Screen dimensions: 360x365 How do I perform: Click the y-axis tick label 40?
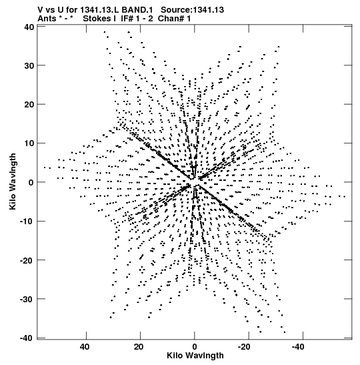(x=29, y=27)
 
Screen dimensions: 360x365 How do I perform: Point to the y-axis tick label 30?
(x=29, y=66)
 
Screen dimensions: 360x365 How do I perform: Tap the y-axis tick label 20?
(x=29, y=105)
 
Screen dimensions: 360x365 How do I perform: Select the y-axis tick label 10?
(x=29, y=143)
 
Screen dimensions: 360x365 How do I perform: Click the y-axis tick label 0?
(x=31, y=183)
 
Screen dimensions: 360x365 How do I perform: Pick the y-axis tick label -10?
(x=27, y=222)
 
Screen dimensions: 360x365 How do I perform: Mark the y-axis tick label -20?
(x=27, y=260)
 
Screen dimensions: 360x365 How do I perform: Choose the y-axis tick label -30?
(x=27, y=299)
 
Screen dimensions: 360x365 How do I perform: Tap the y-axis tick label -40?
(x=27, y=338)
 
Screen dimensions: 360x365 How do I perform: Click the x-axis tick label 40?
(x=85, y=347)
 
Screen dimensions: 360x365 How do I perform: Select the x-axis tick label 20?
(x=139, y=347)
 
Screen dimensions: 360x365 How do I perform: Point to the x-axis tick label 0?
(x=195, y=347)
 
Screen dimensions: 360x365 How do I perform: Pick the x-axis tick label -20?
(x=244, y=347)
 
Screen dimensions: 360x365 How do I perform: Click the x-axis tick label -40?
(x=298, y=347)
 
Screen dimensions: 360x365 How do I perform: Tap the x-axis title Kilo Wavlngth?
(x=195, y=356)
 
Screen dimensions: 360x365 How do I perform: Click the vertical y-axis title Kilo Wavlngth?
(x=13, y=181)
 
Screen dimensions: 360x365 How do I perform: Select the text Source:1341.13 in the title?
(x=192, y=10)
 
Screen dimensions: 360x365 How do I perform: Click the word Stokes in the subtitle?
(x=97, y=19)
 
